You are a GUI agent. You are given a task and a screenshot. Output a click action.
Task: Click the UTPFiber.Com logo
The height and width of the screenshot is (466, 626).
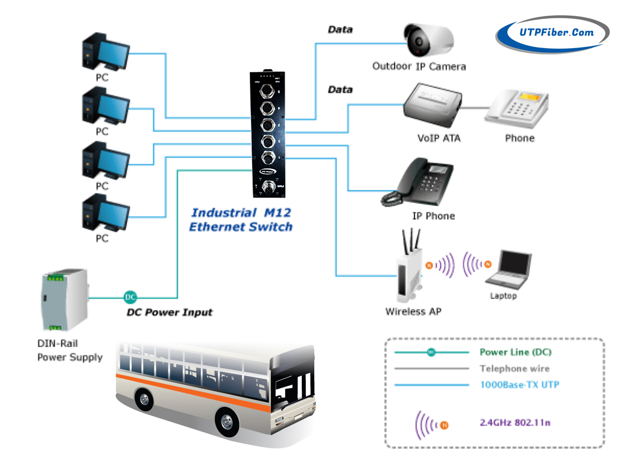[x=553, y=32]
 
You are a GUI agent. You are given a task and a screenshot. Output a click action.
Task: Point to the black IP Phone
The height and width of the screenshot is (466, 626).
[x=418, y=185]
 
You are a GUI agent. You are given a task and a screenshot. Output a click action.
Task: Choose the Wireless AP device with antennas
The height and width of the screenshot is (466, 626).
[x=409, y=269]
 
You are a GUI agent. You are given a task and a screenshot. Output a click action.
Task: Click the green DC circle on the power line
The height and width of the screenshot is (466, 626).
[x=130, y=298]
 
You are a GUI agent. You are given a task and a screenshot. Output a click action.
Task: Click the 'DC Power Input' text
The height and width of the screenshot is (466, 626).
[x=170, y=313]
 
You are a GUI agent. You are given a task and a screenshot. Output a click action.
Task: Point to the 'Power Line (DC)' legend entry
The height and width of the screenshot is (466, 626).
[x=515, y=352]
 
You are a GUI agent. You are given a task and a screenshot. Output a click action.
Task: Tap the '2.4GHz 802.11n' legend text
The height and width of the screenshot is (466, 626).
[x=515, y=422]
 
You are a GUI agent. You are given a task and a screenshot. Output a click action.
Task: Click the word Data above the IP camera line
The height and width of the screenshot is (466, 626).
[x=340, y=30]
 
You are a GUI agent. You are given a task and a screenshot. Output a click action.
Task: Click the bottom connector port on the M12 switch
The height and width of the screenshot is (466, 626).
[x=267, y=187]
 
